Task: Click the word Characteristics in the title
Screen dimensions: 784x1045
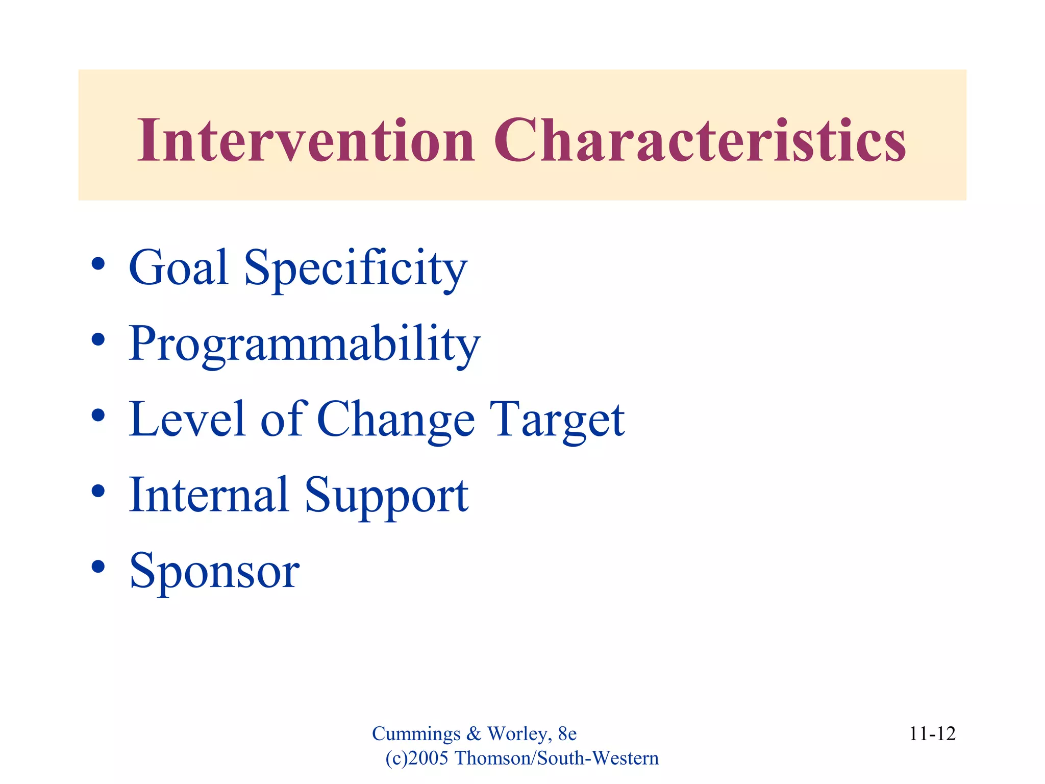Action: [x=700, y=140]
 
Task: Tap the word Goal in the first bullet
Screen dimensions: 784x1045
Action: [x=178, y=267]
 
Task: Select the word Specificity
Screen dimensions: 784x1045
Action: [x=356, y=268]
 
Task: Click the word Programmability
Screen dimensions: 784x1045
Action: [x=304, y=344]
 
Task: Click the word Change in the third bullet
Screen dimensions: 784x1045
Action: [x=396, y=420]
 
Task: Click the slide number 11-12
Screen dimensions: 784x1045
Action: [x=932, y=733]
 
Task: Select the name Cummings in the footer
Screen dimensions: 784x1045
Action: [x=416, y=734]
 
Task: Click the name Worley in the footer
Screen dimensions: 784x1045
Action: [x=518, y=734]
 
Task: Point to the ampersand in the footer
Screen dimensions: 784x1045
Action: [x=474, y=734]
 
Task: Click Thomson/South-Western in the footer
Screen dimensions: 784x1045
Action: [x=557, y=758]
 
